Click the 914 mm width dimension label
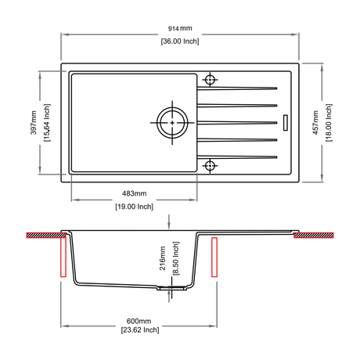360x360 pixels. [x=180, y=28]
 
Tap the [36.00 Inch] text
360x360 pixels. [x=180, y=41]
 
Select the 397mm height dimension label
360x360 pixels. [x=34, y=123]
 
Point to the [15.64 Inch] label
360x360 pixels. [x=47, y=123]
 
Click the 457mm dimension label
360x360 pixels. [x=315, y=123]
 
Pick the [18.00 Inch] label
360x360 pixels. [x=329, y=123]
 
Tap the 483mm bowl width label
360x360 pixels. [x=135, y=193]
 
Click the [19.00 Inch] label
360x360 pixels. [x=135, y=207]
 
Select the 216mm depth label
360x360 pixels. [x=163, y=258]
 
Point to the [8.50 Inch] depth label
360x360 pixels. [x=176, y=258]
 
